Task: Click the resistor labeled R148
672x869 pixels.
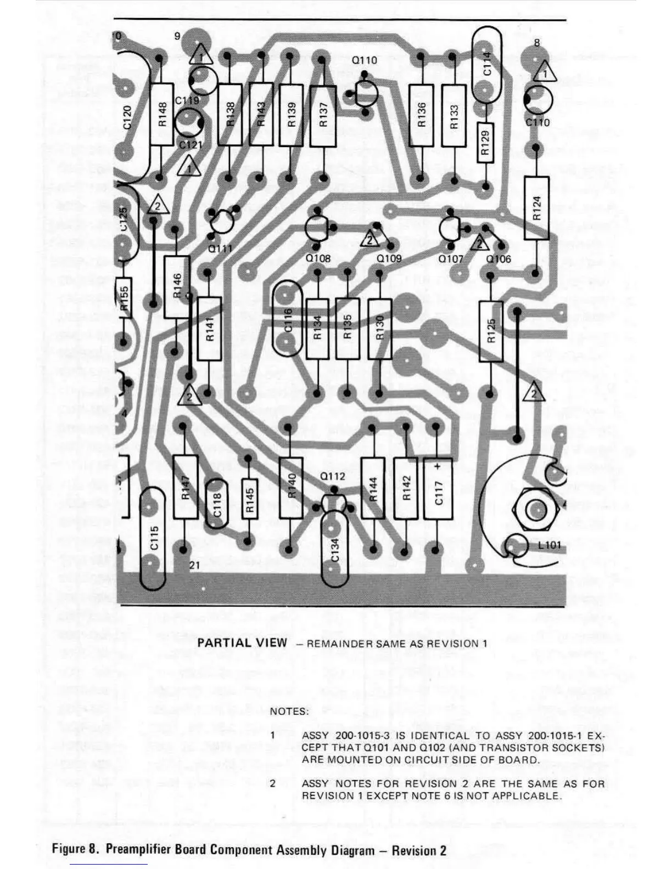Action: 162,114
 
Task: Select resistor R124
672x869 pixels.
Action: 536,208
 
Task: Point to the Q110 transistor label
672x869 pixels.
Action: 365,60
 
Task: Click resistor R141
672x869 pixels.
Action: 209,329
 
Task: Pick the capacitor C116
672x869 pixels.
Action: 288,319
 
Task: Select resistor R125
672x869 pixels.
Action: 491,331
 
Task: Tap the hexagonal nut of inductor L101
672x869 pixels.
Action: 535,510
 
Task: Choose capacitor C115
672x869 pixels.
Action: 153,538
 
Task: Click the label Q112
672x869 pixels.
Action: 333,476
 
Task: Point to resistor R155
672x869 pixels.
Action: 124,297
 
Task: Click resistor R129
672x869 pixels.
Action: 485,142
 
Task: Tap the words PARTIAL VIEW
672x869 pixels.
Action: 242,642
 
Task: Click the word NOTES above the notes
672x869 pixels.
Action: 289,712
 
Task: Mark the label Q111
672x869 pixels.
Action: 220,249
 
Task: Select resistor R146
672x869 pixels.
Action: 177,286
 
